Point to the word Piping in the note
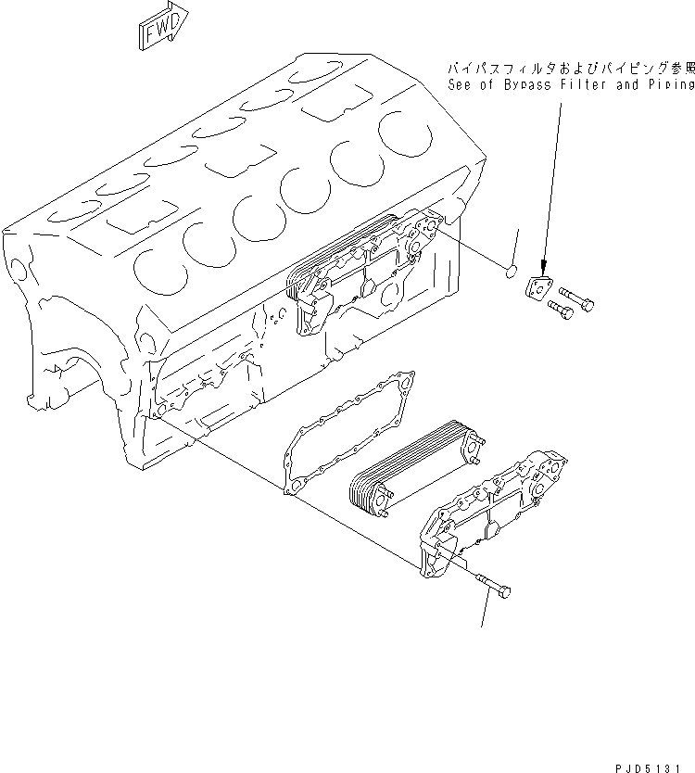[x=671, y=84]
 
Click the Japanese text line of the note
[x=570, y=69]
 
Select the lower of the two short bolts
[x=561, y=309]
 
